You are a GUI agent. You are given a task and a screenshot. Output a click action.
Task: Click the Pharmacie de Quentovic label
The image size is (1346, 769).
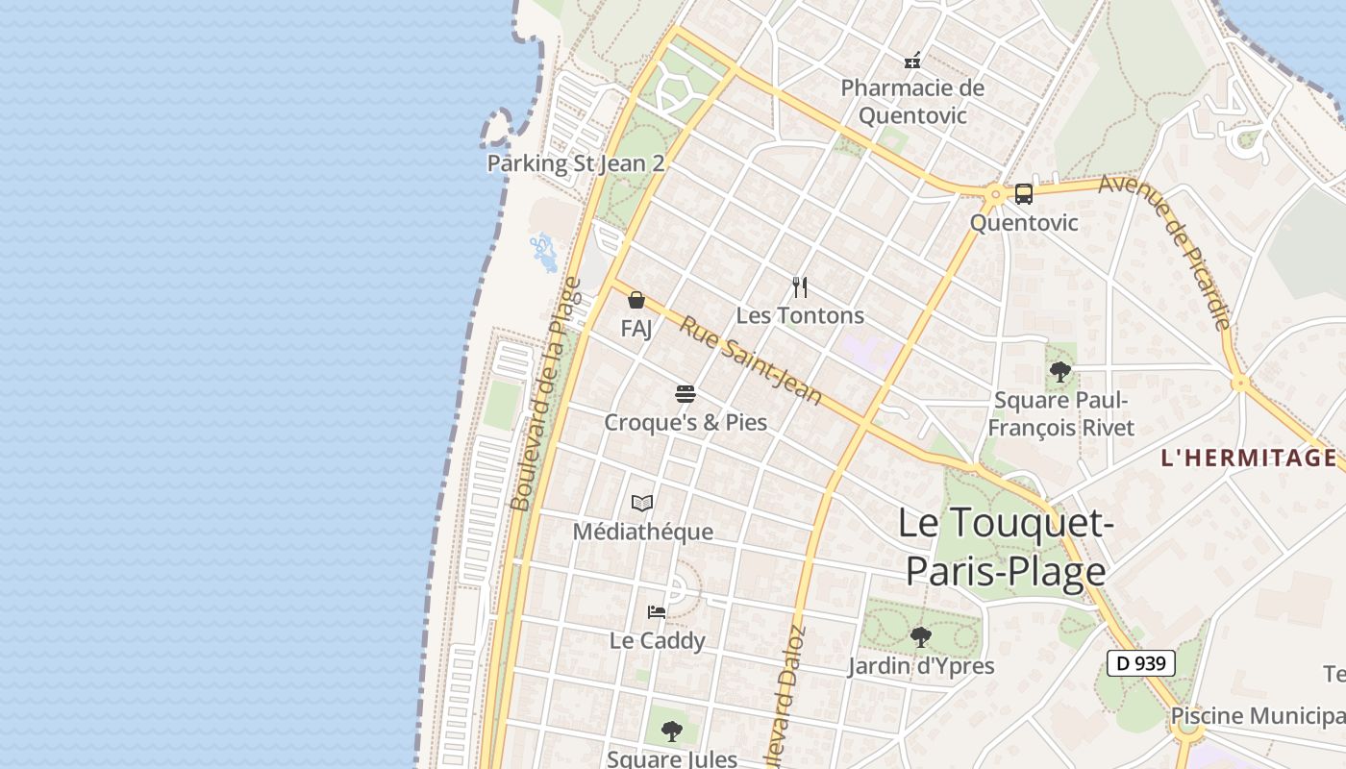tap(912, 102)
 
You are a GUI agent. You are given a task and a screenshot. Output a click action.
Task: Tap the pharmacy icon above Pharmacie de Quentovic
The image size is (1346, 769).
tap(912, 61)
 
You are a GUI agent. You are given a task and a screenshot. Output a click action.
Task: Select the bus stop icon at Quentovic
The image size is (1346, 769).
tap(1024, 194)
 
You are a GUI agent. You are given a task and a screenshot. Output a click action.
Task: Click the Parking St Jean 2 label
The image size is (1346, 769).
tap(575, 163)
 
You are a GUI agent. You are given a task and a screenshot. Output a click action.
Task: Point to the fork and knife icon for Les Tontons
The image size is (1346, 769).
tap(800, 286)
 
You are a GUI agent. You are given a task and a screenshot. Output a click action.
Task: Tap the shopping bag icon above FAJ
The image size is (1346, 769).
tap(636, 300)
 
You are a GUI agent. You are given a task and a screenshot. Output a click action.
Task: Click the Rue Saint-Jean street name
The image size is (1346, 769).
tap(751, 360)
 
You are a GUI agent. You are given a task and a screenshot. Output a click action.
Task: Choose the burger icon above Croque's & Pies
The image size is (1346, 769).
tap(685, 393)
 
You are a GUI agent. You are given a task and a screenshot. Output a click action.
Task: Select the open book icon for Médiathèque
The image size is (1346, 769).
tap(642, 503)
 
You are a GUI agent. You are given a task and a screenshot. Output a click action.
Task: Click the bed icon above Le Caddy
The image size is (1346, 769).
tap(657, 611)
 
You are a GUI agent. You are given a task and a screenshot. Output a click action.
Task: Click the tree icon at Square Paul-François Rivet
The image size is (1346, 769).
tap(1060, 371)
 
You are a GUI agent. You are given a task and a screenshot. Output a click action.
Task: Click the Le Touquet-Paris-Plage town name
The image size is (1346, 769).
tap(1006, 547)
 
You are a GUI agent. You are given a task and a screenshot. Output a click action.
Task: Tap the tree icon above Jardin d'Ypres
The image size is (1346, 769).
tap(920, 635)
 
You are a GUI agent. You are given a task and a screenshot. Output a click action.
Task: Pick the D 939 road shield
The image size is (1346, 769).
tap(1140, 663)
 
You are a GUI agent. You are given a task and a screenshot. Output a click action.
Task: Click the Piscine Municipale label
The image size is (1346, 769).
tap(1258, 716)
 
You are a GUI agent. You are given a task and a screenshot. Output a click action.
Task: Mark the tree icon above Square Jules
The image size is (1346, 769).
tap(672, 731)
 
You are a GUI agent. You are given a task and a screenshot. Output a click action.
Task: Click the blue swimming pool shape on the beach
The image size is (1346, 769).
tap(544, 252)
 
